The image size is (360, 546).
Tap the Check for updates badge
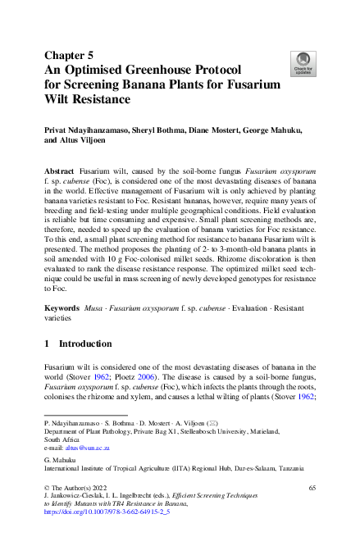[302, 62]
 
